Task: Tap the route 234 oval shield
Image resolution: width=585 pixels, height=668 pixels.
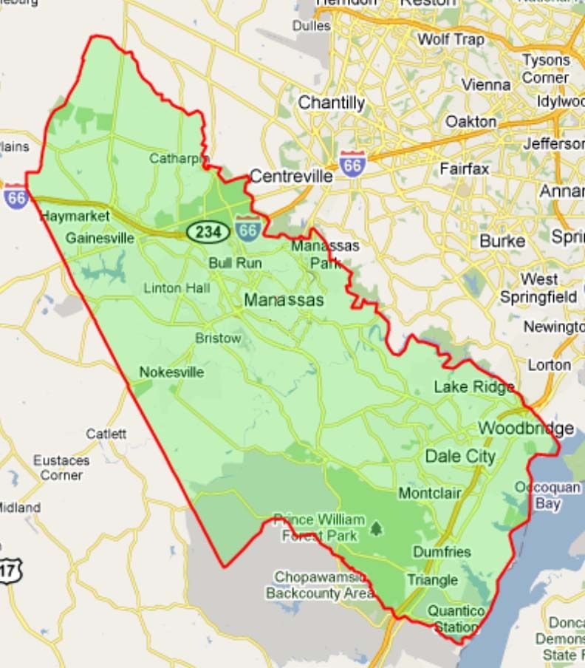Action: coord(208,232)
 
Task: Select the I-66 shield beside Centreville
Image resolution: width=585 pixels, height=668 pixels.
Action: coord(352,164)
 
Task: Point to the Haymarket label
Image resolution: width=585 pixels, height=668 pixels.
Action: coord(75,217)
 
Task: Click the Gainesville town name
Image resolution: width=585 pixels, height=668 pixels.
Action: coord(100,238)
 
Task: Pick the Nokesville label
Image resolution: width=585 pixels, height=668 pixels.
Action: coord(171,372)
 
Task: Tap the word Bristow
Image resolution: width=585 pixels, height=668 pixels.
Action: coord(218,338)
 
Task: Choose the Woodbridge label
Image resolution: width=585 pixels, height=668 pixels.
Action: coord(525,429)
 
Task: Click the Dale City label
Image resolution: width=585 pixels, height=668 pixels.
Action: coord(460,456)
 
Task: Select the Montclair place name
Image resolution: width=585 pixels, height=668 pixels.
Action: coord(430,493)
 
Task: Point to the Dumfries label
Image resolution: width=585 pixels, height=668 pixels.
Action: coord(442,552)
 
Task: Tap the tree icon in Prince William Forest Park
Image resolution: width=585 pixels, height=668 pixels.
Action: coord(377,528)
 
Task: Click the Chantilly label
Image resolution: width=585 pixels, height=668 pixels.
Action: coord(331,103)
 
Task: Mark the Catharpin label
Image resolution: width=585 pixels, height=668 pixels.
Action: coord(179,158)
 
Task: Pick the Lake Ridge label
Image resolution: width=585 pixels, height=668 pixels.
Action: coord(473,386)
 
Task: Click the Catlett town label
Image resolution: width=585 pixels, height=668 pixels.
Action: coord(106,434)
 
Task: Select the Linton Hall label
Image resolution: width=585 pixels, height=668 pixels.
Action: coord(177,287)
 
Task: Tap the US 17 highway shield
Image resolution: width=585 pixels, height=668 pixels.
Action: coord(10,570)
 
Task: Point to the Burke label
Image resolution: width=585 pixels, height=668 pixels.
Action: coord(502,241)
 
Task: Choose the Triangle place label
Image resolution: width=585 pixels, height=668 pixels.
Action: coord(432,580)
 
